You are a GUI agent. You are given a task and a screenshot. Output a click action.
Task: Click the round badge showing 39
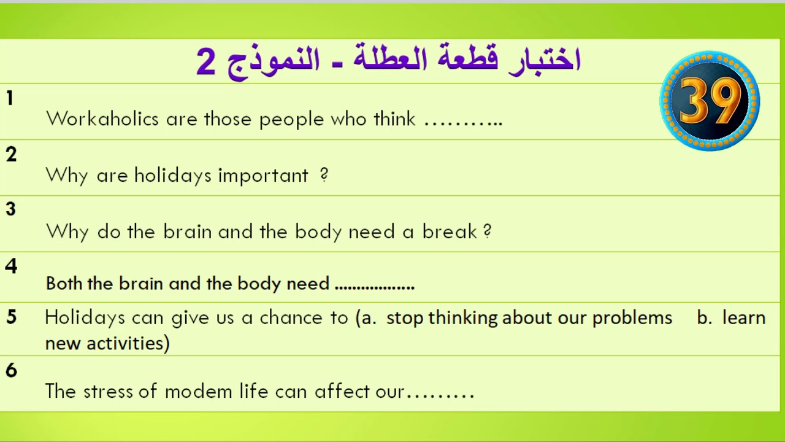click(x=710, y=101)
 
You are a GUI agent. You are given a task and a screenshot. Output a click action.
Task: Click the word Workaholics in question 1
click(x=102, y=118)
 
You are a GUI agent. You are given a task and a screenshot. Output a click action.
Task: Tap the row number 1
click(x=10, y=98)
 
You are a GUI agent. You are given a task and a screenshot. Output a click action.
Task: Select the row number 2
click(x=11, y=155)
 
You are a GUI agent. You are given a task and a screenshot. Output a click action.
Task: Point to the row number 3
click(x=10, y=209)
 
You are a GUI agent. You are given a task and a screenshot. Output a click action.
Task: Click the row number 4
click(x=11, y=266)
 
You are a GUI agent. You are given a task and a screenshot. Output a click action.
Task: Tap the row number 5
click(x=12, y=317)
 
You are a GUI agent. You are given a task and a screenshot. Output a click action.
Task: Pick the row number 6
click(x=11, y=370)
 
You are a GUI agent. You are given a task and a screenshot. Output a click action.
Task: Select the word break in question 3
click(x=450, y=231)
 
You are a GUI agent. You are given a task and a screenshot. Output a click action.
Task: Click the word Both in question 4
click(x=64, y=284)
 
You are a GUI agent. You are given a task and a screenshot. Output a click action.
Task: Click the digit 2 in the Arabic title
click(x=206, y=62)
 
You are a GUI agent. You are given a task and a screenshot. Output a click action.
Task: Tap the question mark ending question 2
click(x=324, y=176)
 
